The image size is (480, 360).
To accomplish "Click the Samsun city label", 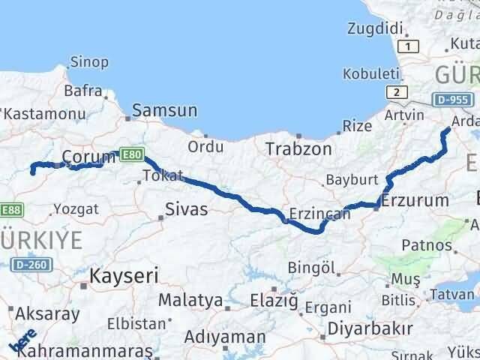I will click(165, 111).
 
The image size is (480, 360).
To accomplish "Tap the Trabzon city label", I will click(298, 149).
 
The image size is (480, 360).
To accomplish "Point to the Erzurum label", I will click(415, 200).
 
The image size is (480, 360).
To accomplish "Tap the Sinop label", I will click(89, 62).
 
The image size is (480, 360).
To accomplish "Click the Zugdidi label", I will click(376, 28).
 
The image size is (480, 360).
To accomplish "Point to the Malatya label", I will click(190, 301).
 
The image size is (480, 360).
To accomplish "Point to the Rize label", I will click(358, 125).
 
